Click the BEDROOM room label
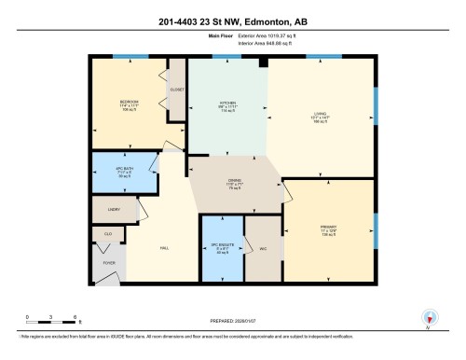tap(129, 101)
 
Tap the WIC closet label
tap(264, 247)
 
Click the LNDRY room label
tap(114, 211)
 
